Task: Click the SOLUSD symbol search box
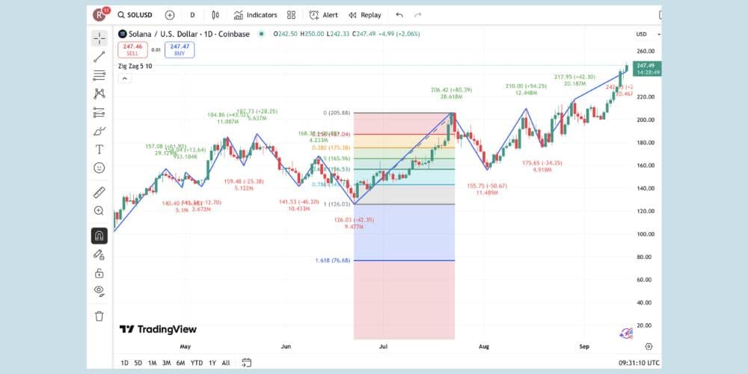(135, 15)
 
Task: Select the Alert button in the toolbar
(324, 15)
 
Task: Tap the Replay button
(364, 15)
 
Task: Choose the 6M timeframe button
(180, 363)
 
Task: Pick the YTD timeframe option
(197, 363)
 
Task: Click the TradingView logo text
(159, 329)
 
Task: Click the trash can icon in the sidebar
(99, 316)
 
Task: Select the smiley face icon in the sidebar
(99, 168)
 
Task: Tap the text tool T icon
(99, 149)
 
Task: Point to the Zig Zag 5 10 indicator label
(135, 66)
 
